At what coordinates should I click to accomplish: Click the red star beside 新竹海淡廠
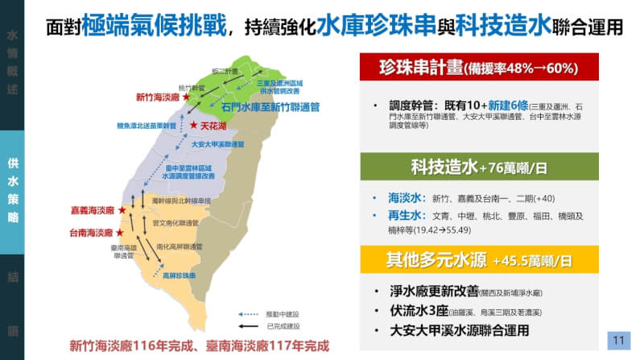187,97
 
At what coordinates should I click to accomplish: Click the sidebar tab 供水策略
12,191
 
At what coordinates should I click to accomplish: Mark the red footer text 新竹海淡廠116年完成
129,347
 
